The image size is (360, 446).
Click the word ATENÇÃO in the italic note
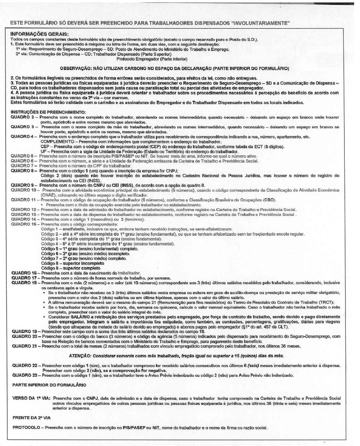[80, 356]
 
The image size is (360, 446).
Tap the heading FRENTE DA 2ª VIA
[31, 418]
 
